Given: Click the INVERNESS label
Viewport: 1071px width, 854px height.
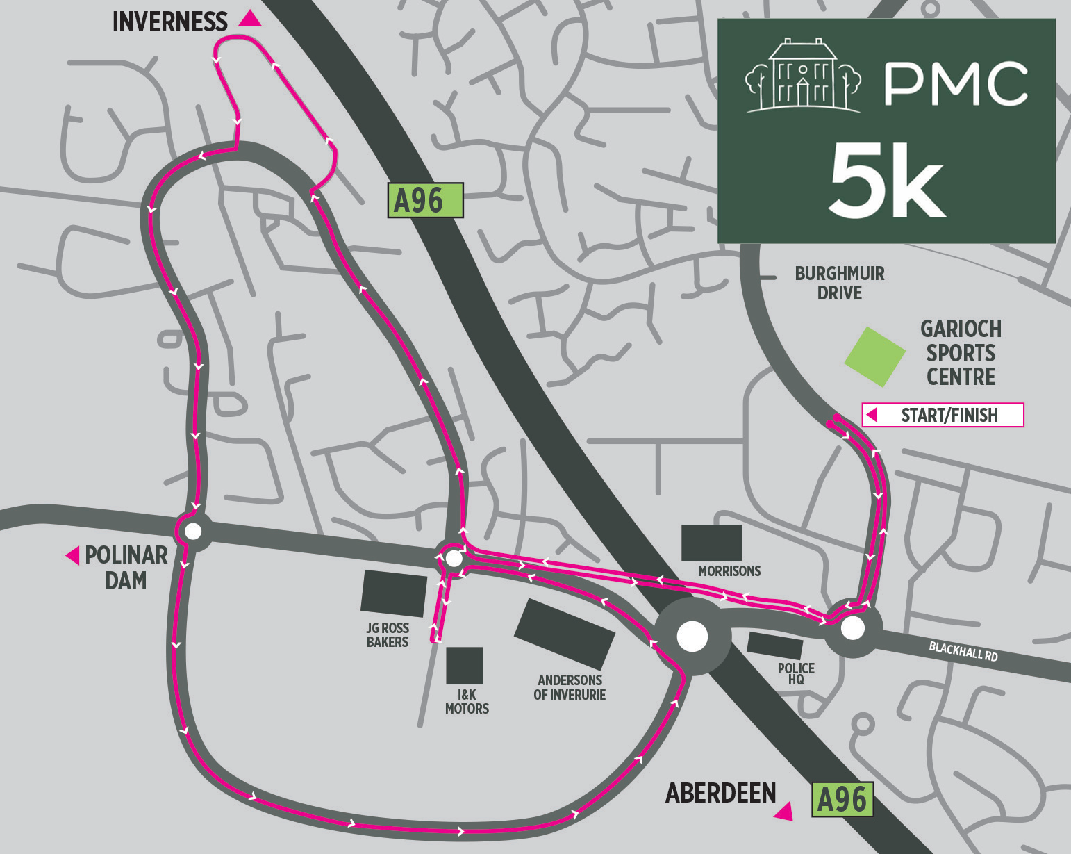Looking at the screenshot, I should click(x=169, y=22).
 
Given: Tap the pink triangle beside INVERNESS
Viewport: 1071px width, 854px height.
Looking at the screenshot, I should click(x=250, y=19).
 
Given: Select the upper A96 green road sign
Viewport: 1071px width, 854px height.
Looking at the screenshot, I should click(x=424, y=201).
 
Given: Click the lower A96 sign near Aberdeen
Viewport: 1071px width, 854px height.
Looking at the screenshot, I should click(x=842, y=800).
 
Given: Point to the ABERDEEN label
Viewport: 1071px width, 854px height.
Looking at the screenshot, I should click(x=720, y=794).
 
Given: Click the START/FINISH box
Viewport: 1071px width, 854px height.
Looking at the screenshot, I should click(x=943, y=415).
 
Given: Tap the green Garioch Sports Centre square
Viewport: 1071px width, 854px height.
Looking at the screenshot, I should click(x=874, y=356).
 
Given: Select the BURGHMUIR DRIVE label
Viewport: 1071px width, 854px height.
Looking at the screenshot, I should click(x=839, y=283).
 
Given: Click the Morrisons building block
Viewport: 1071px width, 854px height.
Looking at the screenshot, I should click(x=711, y=543).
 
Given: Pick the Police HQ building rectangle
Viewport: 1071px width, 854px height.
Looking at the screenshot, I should click(x=774, y=646).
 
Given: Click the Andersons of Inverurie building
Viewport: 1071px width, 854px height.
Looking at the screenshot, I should click(x=564, y=634).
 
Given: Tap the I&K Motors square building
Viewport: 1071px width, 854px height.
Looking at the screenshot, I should click(x=464, y=665).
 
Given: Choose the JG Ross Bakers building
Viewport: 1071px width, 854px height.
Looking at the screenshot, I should click(x=393, y=593).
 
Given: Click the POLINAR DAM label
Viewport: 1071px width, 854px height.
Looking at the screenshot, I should click(x=126, y=567).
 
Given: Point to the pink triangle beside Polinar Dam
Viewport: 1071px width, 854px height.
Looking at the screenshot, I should click(x=72, y=555).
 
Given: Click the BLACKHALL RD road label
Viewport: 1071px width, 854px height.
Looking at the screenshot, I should click(x=963, y=651).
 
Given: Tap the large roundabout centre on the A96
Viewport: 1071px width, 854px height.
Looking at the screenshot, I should click(x=692, y=637).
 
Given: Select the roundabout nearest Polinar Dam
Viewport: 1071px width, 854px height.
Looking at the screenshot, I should click(x=193, y=532).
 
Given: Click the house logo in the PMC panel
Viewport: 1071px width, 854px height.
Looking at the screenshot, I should click(x=802, y=76).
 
